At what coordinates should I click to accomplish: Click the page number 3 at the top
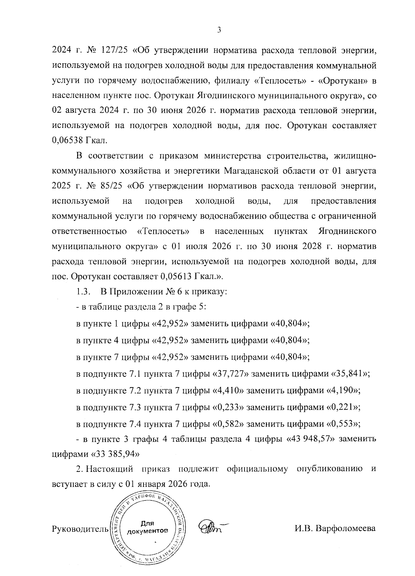(219, 30)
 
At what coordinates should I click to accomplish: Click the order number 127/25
(112, 51)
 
